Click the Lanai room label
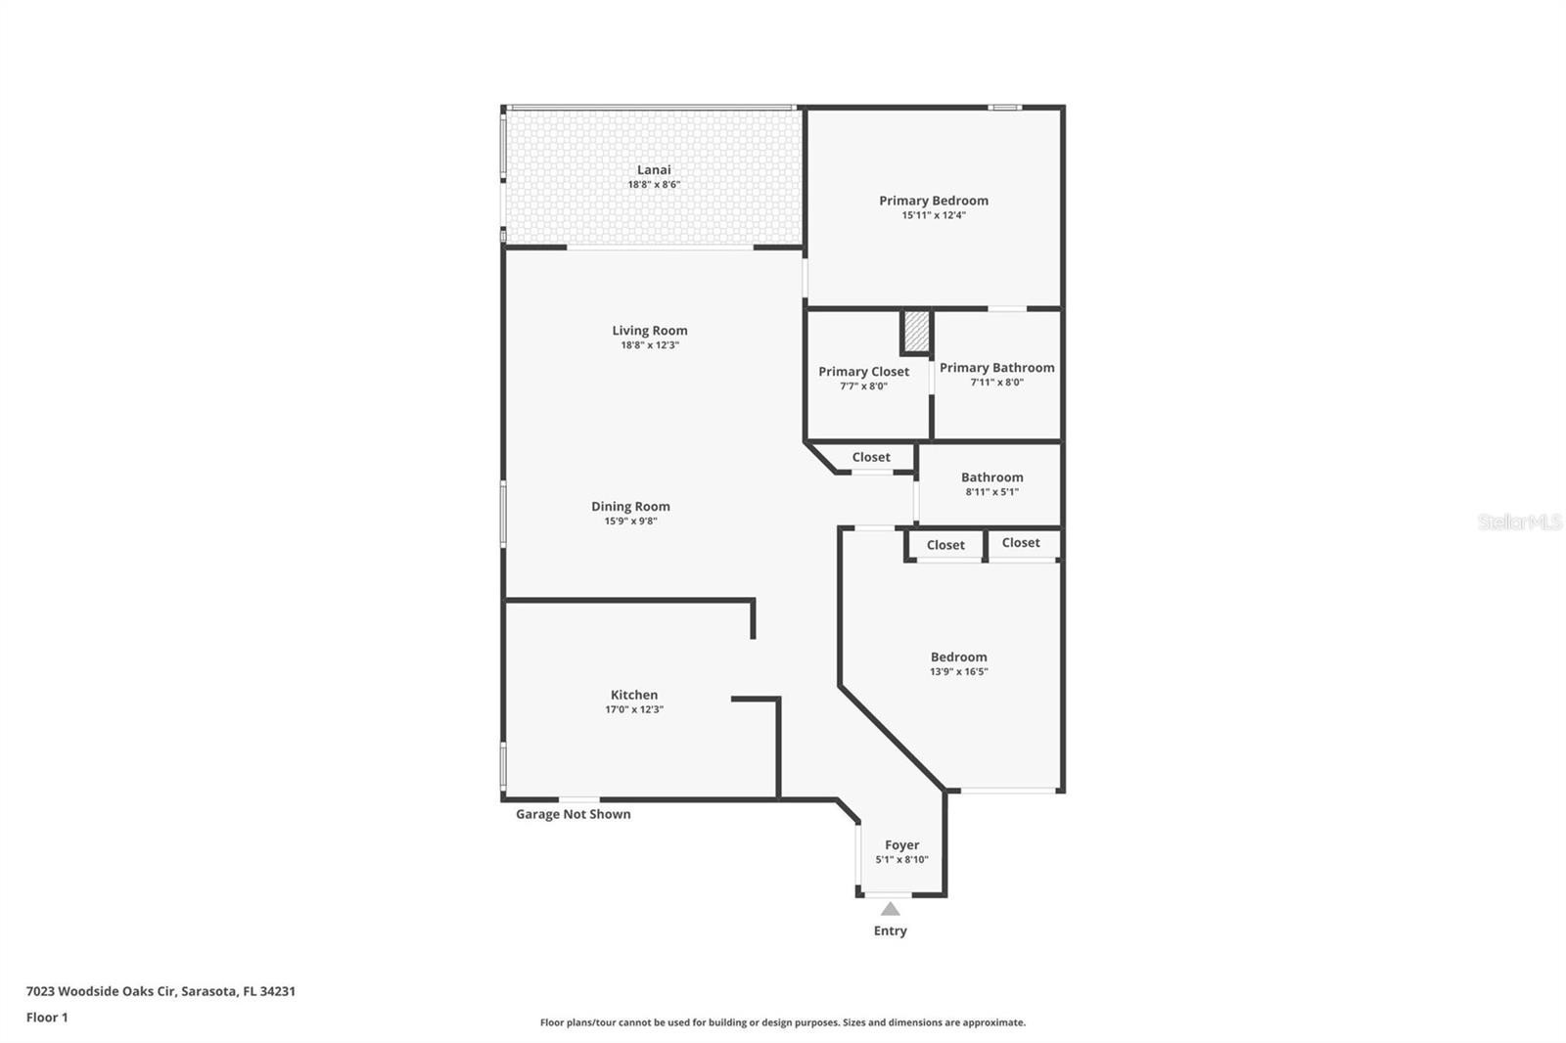[654, 170]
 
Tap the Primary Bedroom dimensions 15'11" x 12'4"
[934, 215]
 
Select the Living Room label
[650, 331]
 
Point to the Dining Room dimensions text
[630, 521]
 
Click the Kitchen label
[634, 695]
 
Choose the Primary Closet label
[863, 372]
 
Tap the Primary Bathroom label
[997, 368]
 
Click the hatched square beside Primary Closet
[916, 332]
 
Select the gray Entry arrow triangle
[890, 909]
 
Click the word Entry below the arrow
[890, 930]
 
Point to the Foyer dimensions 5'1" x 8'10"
[901, 860]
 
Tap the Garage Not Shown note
[574, 814]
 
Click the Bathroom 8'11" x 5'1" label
[992, 483]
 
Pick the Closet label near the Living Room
[871, 457]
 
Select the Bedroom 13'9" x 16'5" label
[958, 663]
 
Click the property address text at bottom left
[161, 991]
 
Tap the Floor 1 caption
[47, 1018]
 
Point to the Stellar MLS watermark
[1519, 521]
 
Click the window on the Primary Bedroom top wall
[1004, 108]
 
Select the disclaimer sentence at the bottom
[782, 1022]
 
